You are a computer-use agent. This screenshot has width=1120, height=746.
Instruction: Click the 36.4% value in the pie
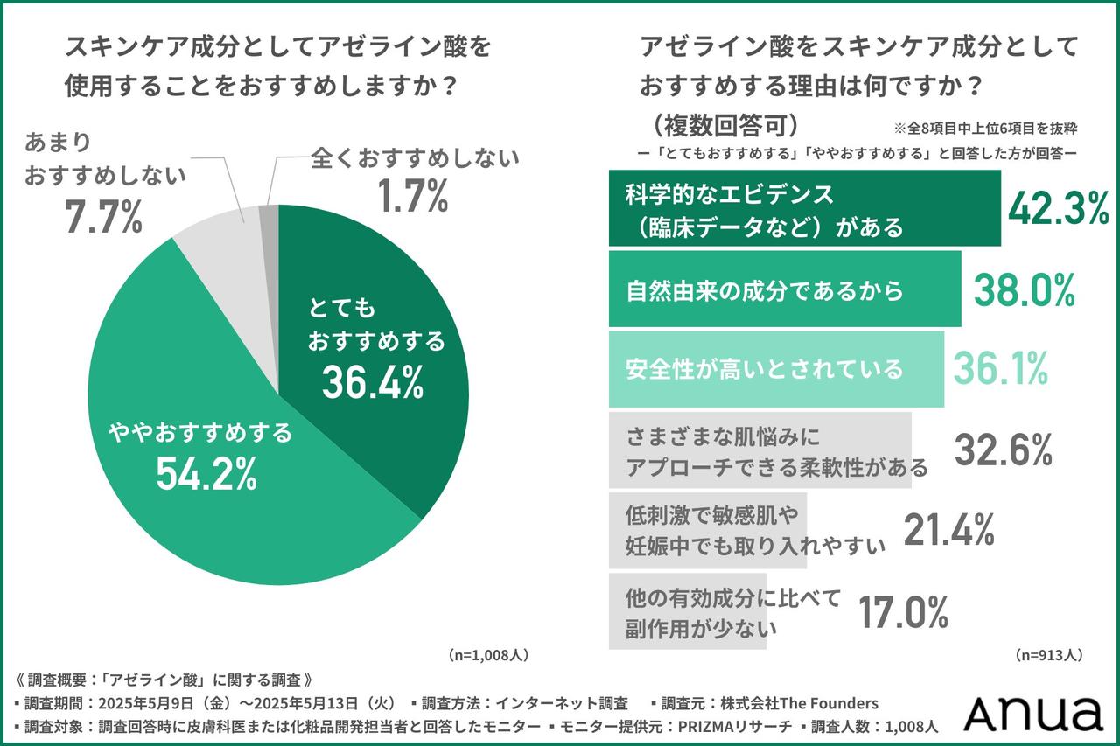click(x=372, y=381)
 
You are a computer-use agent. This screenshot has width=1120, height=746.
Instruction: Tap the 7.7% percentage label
click(x=103, y=217)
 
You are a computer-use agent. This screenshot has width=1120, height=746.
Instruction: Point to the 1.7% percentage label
click(x=413, y=197)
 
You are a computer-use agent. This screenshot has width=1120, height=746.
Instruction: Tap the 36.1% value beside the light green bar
click(x=1000, y=369)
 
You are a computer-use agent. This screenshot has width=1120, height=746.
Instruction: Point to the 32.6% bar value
click(x=1002, y=450)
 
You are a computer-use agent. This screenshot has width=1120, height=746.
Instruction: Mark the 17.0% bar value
click(x=902, y=611)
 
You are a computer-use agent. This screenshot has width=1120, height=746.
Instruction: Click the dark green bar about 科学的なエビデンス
click(x=803, y=209)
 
